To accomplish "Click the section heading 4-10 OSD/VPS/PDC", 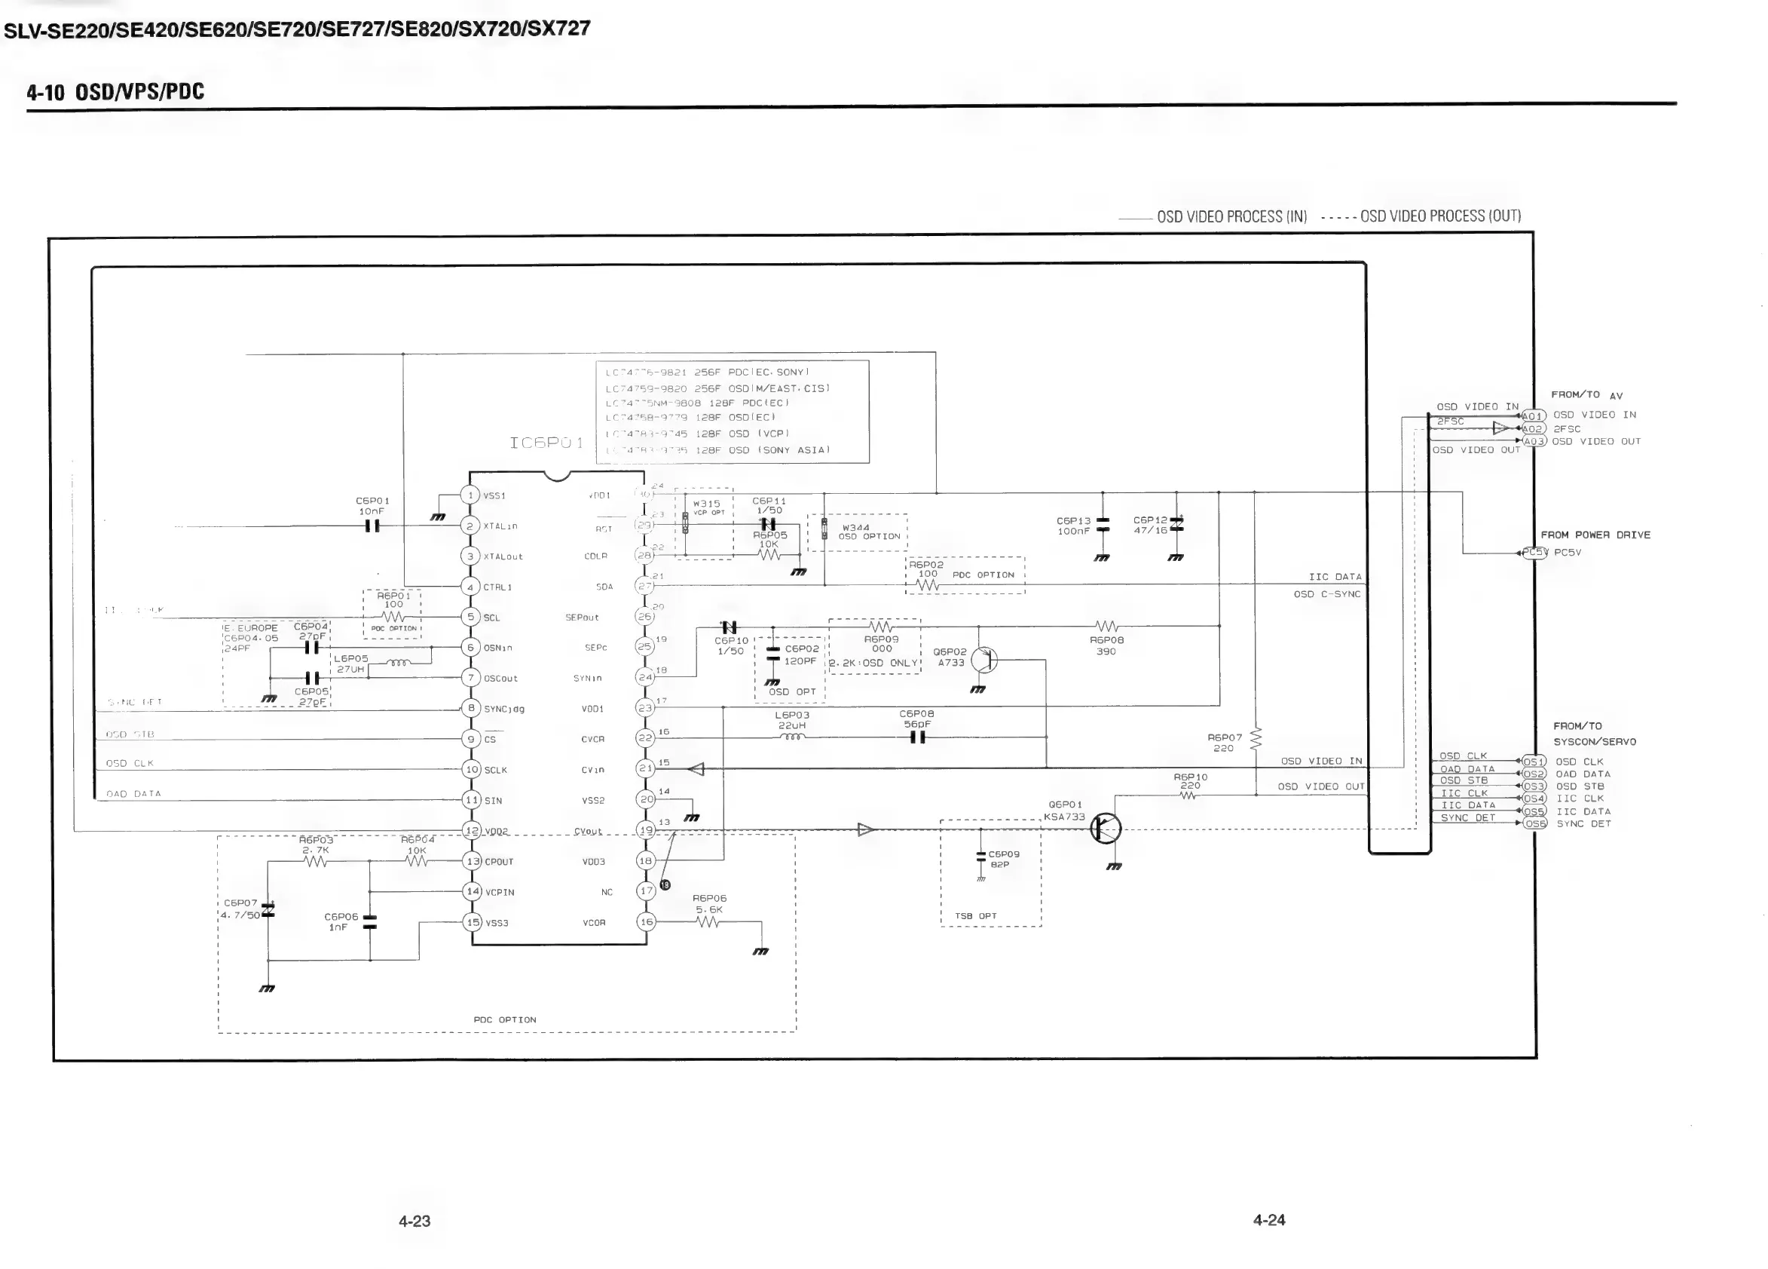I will [x=115, y=92].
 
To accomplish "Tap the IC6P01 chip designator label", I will [x=546, y=443].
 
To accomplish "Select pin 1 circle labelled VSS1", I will [x=470, y=495].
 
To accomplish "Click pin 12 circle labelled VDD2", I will [x=472, y=831].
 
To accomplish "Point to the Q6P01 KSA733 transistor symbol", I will [x=1106, y=829].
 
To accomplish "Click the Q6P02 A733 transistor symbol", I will [x=984, y=660].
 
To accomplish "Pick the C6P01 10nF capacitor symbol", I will [x=372, y=526].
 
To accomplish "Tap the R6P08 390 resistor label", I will [x=1106, y=645].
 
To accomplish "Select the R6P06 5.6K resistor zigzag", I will [x=707, y=923].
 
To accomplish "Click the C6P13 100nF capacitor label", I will [x=1072, y=526].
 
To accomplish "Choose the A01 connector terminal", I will [x=1533, y=415].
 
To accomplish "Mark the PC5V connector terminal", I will [x=1534, y=552].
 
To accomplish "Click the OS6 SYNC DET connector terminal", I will [x=1534, y=823].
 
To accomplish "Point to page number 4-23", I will [x=414, y=1221].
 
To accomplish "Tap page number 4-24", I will [x=1269, y=1220].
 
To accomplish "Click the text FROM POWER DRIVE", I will [x=1595, y=535].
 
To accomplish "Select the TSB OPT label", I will [x=976, y=915].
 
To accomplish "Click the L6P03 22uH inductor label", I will [x=792, y=720].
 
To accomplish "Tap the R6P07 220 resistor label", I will [x=1224, y=743].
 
